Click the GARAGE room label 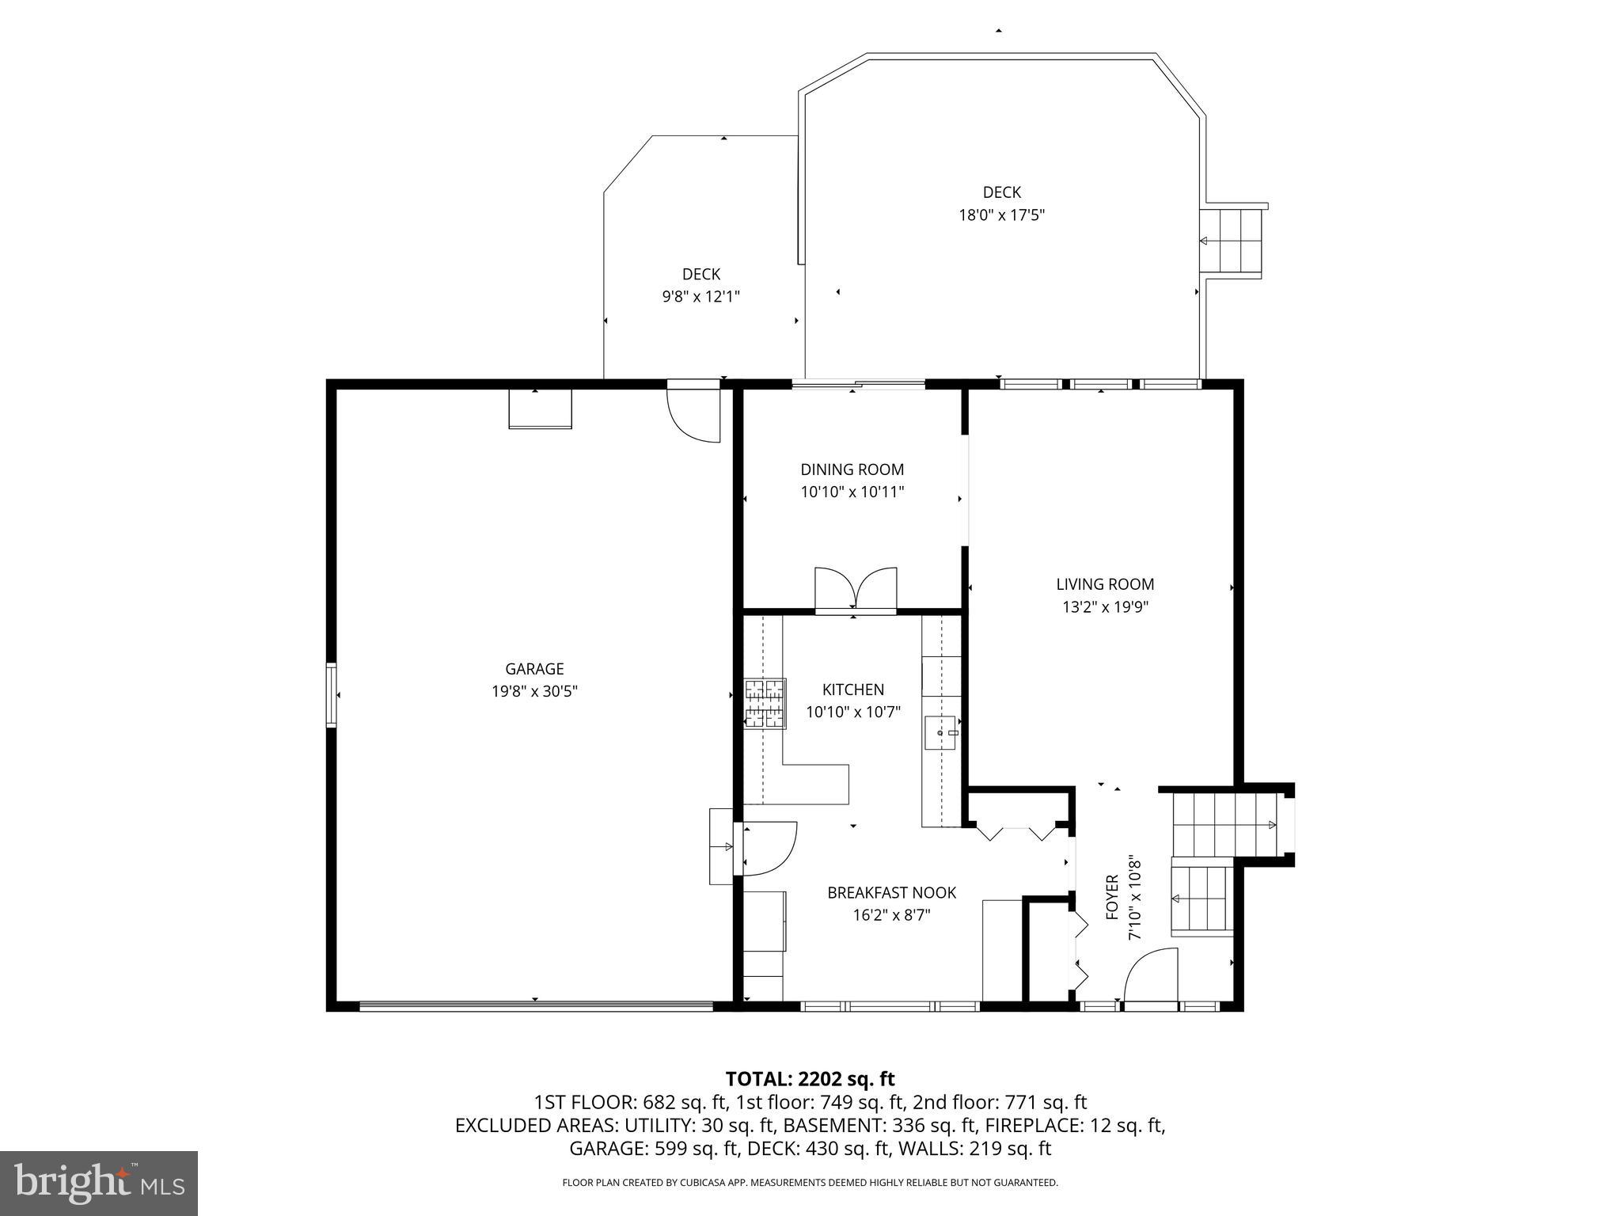click(x=534, y=669)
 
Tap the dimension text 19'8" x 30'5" click(x=534, y=691)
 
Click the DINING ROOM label click(x=852, y=469)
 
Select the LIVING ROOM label click(x=1105, y=584)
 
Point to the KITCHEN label click(x=852, y=690)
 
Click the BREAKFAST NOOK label click(x=891, y=893)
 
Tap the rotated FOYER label click(x=1112, y=897)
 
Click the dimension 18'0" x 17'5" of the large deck click(x=1001, y=215)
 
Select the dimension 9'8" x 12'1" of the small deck click(x=700, y=297)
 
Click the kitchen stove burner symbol click(x=765, y=703)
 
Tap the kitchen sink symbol click(x=940, y=732)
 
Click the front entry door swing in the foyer click(x=1149, y=976)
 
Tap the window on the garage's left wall click(x=331, y=695)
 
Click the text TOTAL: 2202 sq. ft click(x=810, y=1079)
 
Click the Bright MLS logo click(x=99, y=1183)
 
